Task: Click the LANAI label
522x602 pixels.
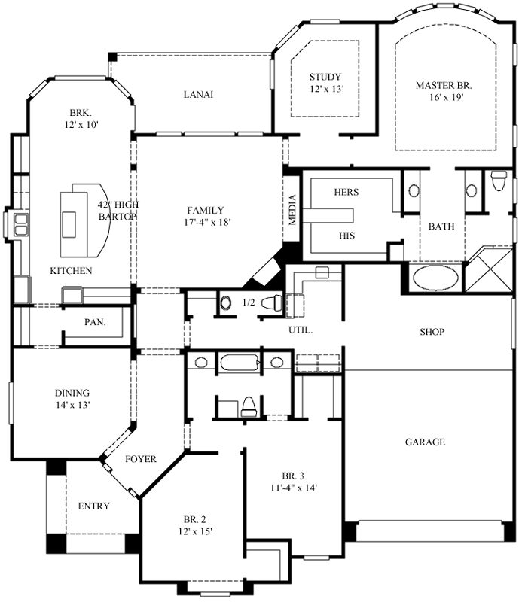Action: click(199, 95)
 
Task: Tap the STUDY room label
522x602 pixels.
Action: click(325, 77)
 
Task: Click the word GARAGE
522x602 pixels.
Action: click(424, 442)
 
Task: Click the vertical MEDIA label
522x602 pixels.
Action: click(292, 209)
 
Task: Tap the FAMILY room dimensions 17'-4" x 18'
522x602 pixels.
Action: click(196, 223)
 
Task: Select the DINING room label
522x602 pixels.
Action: click(72, 393)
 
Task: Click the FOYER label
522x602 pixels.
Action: click(140, 459)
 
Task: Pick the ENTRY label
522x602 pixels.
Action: click(94, 506)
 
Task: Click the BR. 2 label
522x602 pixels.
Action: click(194, 520)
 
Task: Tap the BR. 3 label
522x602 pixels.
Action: click(293, 476)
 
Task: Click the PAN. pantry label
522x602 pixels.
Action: click(94, 322)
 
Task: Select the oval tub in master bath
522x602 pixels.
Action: click(435, 278)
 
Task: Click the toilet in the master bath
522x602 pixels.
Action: click(498, 182)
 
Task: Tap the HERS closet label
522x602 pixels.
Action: click(346, 193)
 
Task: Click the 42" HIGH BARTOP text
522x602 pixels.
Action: click(118, 211)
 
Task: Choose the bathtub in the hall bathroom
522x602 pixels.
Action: click(240, 363)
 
